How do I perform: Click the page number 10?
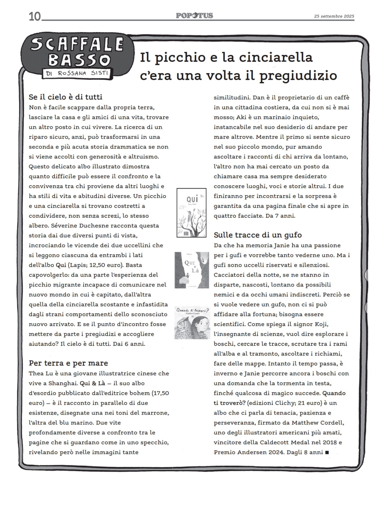34,16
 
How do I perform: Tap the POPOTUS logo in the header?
194,15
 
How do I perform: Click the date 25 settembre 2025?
334,17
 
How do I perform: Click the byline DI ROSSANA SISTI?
77,73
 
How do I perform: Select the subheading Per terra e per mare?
68,363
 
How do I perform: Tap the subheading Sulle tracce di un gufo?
258,235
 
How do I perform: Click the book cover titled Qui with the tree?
191,213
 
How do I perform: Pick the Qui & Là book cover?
192,270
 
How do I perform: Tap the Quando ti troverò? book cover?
192,322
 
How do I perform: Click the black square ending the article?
327,452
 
